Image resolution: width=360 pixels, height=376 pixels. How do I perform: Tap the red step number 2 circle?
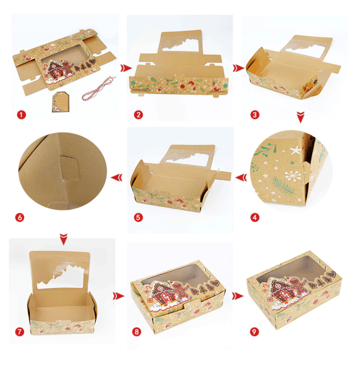click(x=138, y=115)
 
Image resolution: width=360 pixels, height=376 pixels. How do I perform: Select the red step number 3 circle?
click(x=255, y=115)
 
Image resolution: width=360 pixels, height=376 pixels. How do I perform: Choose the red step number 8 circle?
click(x=137, y=332)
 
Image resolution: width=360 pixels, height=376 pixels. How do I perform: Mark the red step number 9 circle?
click(x=255, y=332)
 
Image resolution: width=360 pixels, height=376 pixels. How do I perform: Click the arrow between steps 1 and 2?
click(x=125, y=68)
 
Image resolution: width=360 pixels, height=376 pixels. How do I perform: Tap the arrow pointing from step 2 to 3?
click(x=238, y=68)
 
